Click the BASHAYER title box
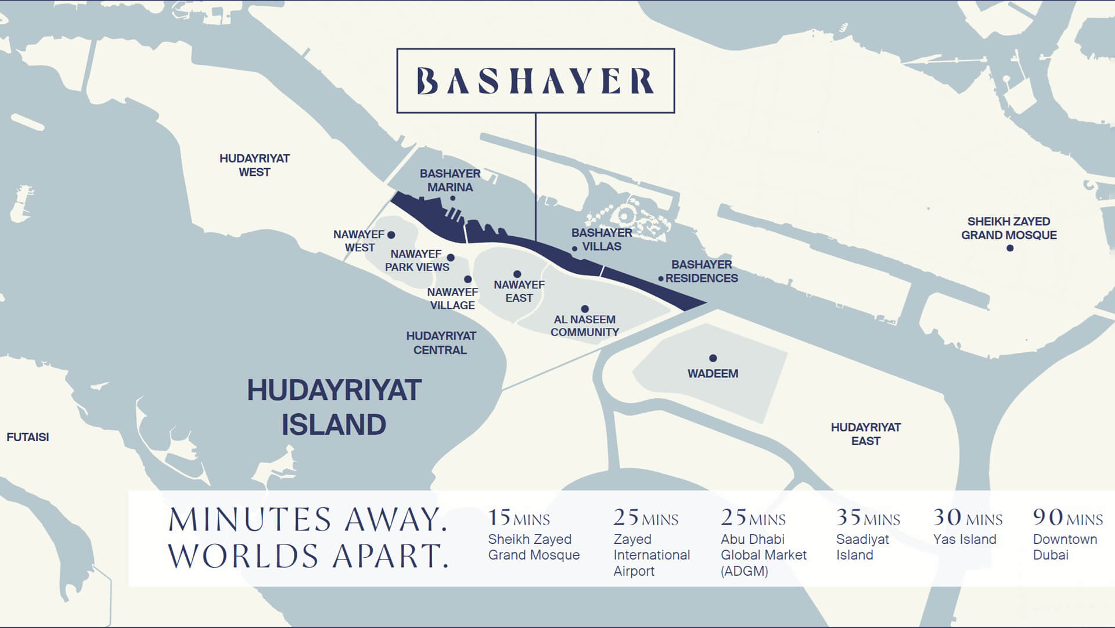point(535,81)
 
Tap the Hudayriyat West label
point(254,165)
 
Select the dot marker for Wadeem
point(713,358)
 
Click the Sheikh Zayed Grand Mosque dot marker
point(1010,248)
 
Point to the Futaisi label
point(27,437)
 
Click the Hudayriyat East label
point(865,434)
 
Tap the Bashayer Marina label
point(450,181)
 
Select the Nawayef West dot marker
point(391,235)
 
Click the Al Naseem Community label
point(584,326)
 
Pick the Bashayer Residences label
point(702,271)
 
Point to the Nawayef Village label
point(452,298)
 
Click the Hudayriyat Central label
point(441,343)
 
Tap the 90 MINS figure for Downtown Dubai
point(1067,517)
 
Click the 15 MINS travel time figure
point(518,517)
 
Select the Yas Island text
point(964,539)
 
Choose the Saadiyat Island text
point(862,547)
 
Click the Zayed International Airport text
point(651,555)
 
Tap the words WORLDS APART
point(308,555)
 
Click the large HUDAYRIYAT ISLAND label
point(334,407)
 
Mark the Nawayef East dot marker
point(517,274)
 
